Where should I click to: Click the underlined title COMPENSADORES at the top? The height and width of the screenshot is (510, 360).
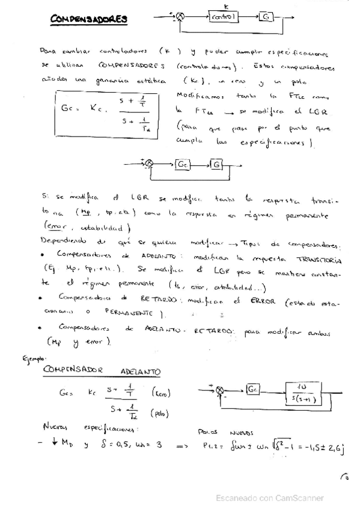(88, 19)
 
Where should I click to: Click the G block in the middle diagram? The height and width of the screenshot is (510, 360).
(216, 164)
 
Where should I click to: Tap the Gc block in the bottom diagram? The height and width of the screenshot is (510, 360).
(253, 390)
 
